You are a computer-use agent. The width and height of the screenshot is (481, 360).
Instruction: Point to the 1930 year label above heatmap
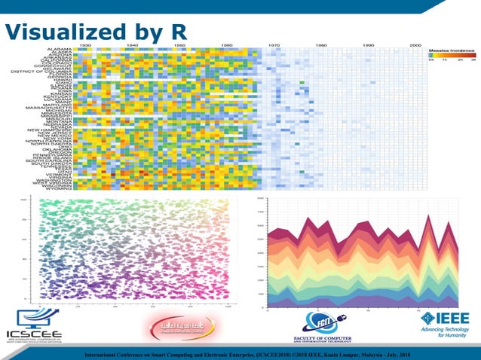(86, 45)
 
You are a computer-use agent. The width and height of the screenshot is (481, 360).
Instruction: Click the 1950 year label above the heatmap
(179, 45)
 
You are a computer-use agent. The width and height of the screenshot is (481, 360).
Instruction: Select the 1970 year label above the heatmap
(274, 45)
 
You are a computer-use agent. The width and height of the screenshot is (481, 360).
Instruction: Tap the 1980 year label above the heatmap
(321, 45)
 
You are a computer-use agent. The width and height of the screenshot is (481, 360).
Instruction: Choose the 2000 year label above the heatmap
(415, 45)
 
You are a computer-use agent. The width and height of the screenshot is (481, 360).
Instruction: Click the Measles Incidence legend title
(452, 50)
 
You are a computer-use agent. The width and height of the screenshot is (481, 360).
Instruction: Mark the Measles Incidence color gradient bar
(452, 56)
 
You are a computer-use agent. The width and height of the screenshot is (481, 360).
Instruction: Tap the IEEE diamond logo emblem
(429, 319)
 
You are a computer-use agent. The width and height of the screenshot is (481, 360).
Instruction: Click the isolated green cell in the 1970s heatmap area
(301, 83)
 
